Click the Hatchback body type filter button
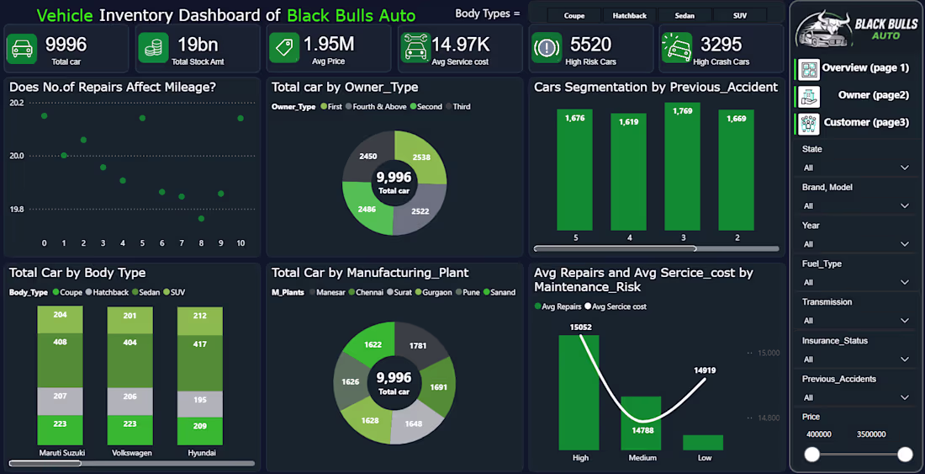(x=629, y=16)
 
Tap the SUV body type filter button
(x=740, y=16)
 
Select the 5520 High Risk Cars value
(x=590, y=45)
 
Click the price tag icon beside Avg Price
(x=284, y=47)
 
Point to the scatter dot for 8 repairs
(x=201, y=218)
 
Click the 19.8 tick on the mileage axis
(x=16, y=210)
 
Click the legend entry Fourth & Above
(x=375, y=107)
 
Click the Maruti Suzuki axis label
(x=62, y=453)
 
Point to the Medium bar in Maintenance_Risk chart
(x=641, y=423)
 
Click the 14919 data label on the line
(x=705, y=370)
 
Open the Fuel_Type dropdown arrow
(x=904, y=282)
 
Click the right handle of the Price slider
(x=905, y=455)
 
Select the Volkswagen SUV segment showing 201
(x=129, y=320)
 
